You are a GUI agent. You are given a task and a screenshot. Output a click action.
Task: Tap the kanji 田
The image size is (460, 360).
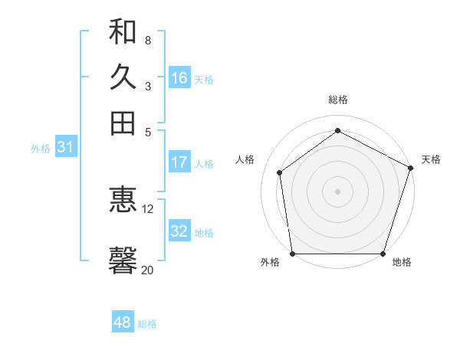pos(123,123)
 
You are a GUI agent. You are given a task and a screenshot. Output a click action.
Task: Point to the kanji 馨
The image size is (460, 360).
pos(123,260)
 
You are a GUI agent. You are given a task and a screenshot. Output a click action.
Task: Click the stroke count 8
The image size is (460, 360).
pos(147,40)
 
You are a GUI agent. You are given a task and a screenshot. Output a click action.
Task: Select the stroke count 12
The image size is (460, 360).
pos(148,208)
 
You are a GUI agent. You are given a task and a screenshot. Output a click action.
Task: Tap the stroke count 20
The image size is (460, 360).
pos(148,270)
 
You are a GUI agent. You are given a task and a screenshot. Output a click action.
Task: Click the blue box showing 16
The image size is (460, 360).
pos(179,78)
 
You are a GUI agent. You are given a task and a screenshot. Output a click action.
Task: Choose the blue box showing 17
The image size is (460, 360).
pos(179,162)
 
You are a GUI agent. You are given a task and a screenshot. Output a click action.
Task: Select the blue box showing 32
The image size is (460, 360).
pos(179,231)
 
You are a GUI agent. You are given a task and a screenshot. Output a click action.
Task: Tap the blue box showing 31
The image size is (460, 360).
pos(65,147)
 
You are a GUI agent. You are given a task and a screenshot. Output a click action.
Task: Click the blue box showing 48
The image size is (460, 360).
pos(123,322)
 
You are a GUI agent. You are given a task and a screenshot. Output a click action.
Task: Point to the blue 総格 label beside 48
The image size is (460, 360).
pos(147,324)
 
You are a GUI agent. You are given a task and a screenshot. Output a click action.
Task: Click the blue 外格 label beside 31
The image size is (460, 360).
pos(41,149)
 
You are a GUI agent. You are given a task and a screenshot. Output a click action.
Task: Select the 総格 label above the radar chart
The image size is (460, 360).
pos(337,100)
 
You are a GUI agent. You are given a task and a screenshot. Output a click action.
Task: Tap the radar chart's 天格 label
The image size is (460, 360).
pos(431,159)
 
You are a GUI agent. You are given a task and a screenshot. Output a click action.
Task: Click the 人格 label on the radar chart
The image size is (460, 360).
pos(245,159)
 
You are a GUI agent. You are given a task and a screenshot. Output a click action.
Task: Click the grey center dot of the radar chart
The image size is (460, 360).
pos(337,191)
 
